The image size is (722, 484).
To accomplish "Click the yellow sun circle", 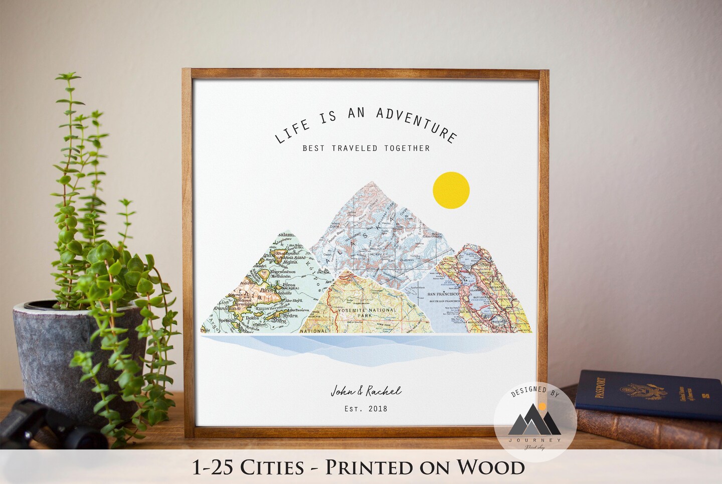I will (x=451, y=190).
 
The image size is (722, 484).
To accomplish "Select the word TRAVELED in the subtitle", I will (x=354, y=148).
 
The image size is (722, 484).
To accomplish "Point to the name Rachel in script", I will (x=384, y=391).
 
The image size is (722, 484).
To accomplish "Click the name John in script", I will (x=342, y=391).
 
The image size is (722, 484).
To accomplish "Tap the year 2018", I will (x=378, y=408).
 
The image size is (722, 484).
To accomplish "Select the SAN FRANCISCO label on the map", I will (x=443, y=294).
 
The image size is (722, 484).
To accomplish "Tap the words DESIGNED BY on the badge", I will (x=534, y=391).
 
